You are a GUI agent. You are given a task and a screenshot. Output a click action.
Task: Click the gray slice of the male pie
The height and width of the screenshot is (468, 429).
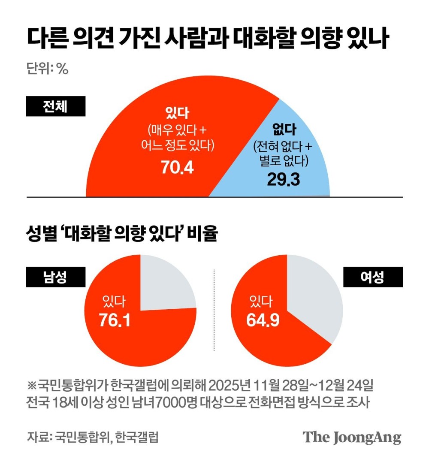click(165, 285)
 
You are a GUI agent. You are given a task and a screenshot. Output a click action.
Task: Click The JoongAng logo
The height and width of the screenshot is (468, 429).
click(352, 437)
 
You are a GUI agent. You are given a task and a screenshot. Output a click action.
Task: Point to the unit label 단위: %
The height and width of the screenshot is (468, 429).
click(48, 69)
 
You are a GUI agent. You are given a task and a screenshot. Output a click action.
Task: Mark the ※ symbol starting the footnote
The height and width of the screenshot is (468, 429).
click(32, 384)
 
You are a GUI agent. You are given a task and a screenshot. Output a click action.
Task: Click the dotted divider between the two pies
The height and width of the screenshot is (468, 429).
click(214, 309)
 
